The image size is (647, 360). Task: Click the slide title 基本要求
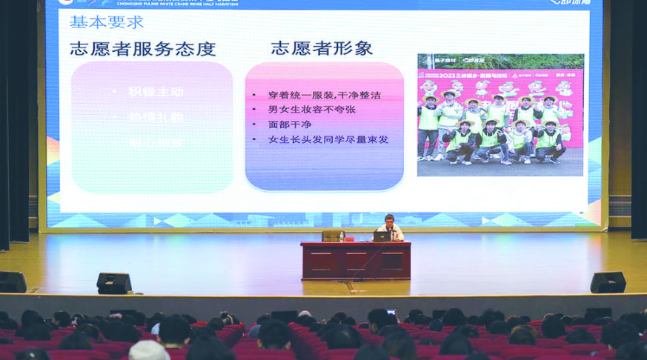107,22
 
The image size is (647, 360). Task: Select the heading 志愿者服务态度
143,50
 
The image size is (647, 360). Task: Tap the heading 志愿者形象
322,49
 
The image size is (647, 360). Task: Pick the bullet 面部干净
290,124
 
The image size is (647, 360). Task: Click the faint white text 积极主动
156,92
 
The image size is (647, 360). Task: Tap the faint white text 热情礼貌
156,117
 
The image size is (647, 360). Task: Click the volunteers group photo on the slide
500,115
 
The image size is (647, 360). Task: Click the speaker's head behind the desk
389,220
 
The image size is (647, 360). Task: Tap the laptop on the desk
382,236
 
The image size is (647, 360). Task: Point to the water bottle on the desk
342,236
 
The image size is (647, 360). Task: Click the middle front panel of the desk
355,260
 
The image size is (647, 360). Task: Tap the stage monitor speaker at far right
608,282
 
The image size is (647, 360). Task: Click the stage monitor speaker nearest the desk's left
114,283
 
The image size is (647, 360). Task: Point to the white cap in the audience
149,351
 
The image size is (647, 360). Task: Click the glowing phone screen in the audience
391,313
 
